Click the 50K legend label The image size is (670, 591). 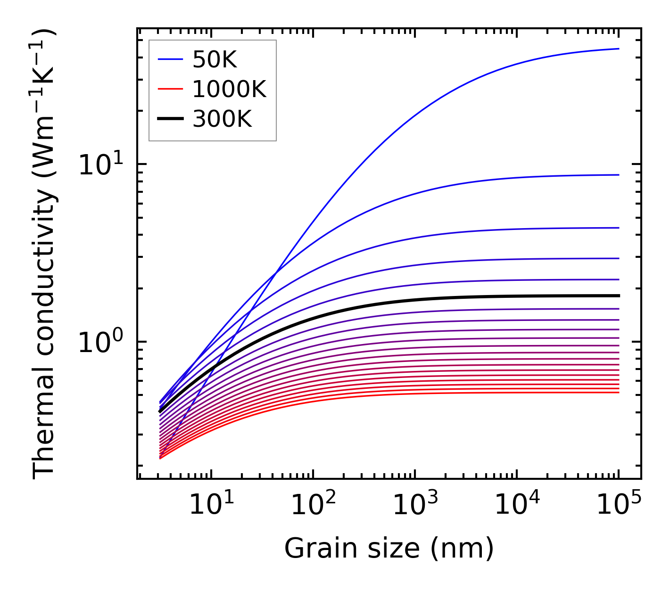215,60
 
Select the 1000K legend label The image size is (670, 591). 229,89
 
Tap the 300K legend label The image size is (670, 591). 222,119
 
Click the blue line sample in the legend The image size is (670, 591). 170,59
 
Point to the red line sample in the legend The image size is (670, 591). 170,89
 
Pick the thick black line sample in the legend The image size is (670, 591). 170,119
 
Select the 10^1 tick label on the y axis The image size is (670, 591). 100,165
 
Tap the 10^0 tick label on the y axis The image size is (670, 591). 100,343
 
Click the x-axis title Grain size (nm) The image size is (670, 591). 389,549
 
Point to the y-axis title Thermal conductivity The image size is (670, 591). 45,254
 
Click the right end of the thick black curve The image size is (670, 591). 618,295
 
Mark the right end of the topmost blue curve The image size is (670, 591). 618,49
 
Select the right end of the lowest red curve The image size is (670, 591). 618,392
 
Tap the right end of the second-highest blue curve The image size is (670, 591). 618,175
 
